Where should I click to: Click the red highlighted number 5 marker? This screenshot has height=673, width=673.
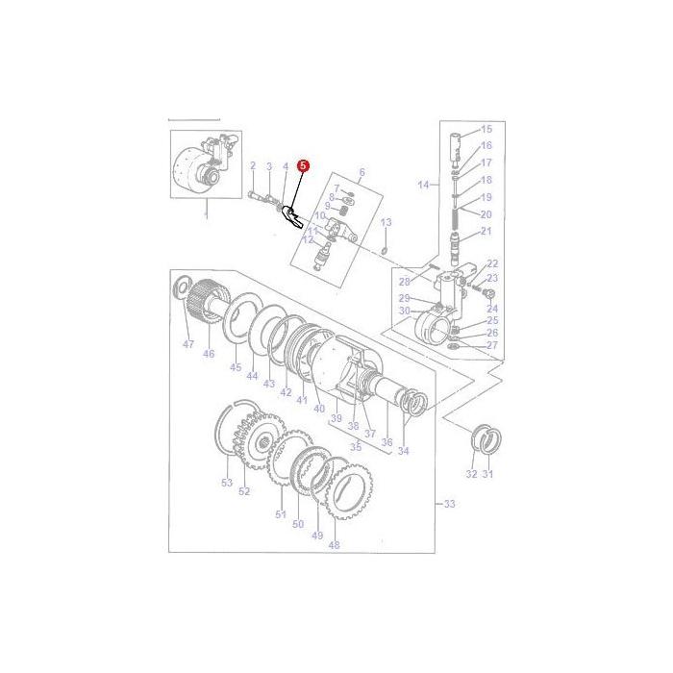304,165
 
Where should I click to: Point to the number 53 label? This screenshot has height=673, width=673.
227,483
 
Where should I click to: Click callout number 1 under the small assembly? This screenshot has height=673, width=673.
205,216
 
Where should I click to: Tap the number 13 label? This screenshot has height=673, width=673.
386,222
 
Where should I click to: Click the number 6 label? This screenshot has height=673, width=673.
361,173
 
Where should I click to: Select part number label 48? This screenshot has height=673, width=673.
335,545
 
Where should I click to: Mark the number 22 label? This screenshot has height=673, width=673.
492,263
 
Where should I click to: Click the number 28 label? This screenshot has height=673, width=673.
404,282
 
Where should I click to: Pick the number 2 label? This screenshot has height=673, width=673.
253,166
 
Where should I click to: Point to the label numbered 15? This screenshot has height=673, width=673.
486,129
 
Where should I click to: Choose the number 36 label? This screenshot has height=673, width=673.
387,441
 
